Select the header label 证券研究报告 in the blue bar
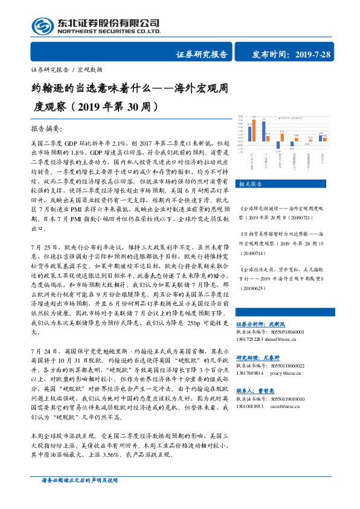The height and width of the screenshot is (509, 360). [x=202, y=54]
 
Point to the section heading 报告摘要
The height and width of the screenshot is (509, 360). [x=46, y=129]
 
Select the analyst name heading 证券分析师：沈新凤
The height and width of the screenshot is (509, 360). [x=261, y=324]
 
